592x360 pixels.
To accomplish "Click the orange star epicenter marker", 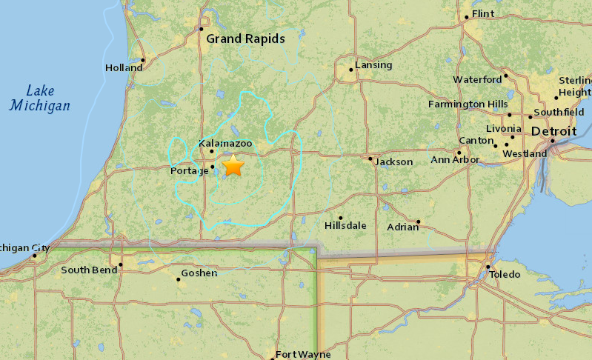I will [233, 165].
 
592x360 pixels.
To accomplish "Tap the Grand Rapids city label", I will [245, 39].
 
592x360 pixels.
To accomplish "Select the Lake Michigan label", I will [40, 98].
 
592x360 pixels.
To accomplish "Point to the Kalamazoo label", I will [225, 142].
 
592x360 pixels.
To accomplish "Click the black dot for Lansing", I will [352, 70].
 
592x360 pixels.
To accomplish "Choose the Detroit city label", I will [554, 131].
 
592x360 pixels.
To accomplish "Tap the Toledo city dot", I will [488, 267].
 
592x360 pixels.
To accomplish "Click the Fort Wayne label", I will [303, 354].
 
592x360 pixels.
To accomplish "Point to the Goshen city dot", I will [179, 280].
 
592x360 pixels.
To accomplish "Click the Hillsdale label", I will [345, 225].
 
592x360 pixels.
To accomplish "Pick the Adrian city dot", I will [419, 221].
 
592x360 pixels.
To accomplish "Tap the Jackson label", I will [393, 161].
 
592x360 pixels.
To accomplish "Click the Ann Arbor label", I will [451, 160].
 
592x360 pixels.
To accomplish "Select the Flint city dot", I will [467, 17].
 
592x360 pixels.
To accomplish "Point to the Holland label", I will [124, 67].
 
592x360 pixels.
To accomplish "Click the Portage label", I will [189, 171].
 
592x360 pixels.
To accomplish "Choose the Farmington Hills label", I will [468, 104].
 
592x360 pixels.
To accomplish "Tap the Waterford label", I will [477, 79].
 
